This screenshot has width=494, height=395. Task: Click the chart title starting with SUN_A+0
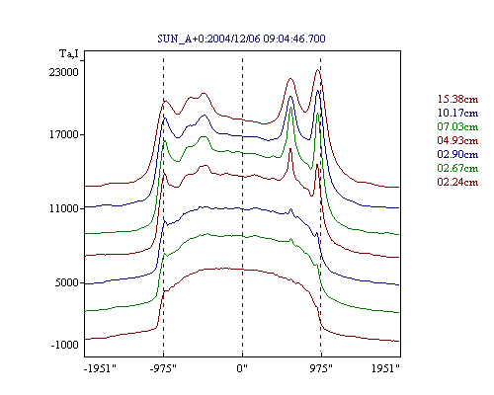click(x=241, y=39)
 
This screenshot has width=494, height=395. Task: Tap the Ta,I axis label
click(x=69, y=53)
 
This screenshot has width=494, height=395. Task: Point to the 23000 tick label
click(x=64, y=72)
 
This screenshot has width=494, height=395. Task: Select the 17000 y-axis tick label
click(x=64, y=134)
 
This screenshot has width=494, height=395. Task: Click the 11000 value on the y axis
click(x=64, y=208)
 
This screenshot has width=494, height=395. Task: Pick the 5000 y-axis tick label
click(x=67, y=282)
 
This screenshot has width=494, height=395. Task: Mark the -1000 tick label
click(x=65, y=345)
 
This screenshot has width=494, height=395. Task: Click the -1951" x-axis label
click(x=100, y=368)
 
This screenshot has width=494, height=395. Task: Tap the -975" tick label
click(x=163, y=368)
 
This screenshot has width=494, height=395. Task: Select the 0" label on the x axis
click(x=242, y=368)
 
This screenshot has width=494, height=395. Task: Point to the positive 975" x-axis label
click(x=321, y=368)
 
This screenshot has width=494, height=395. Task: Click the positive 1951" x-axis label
click(x=385, y=368)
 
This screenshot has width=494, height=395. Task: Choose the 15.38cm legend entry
click(x=457, y=99)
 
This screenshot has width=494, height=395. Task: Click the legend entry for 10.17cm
click(x=457, y=113)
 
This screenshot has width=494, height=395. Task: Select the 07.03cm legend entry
click(x=457, y=126)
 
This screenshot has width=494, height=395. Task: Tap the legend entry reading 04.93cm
click(x=457, y=140)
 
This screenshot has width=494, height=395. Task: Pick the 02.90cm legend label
click(x=457, y=154)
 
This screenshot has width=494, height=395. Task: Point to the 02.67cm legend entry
click(x=457, y=168)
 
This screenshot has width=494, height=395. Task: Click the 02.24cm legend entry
click(x=457, y=182)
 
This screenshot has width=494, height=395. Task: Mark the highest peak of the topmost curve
click(x=318, y=69)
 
